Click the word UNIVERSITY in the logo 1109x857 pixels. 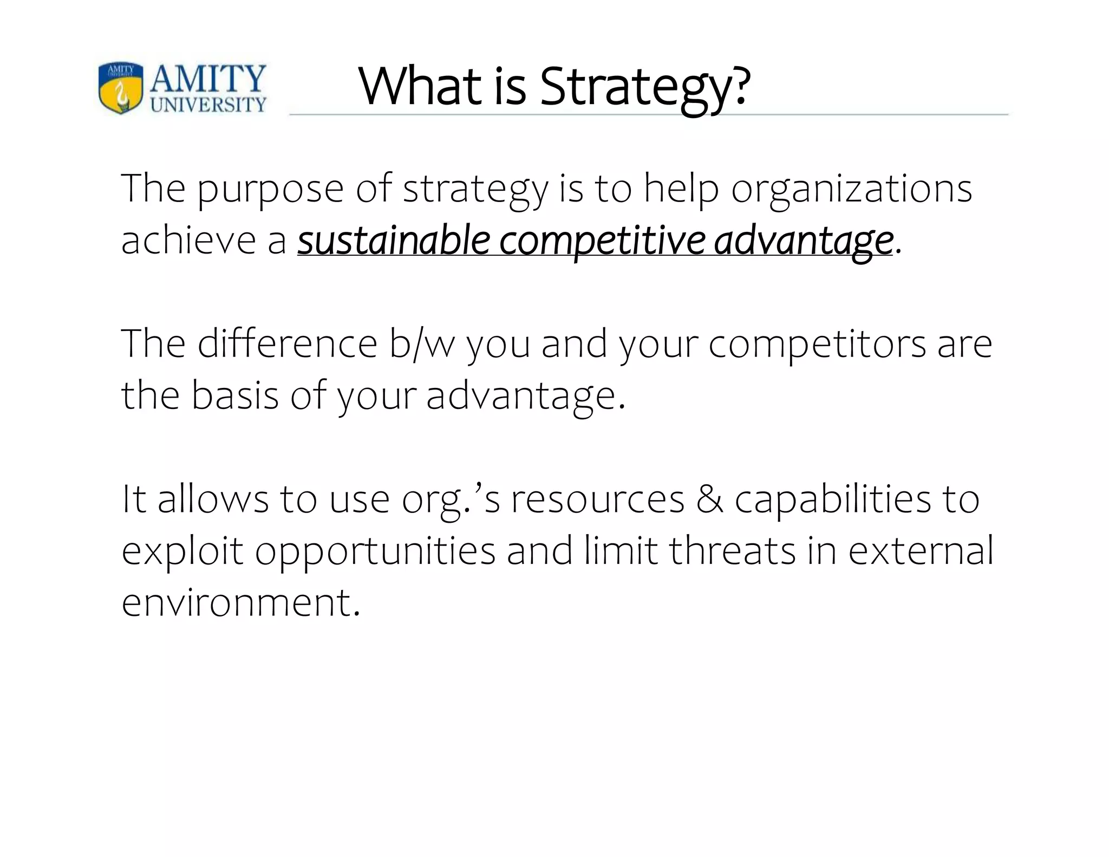(x=208, y=104)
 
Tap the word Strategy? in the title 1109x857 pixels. (x=645, y=87)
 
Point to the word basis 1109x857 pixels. (x=235, y=395)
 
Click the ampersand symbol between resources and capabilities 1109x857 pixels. (x=710, y=499)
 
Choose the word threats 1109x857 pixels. (x=733, y=550)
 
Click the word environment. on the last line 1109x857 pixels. (x=241, y=602)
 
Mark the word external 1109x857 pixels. (x=921, y=550)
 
